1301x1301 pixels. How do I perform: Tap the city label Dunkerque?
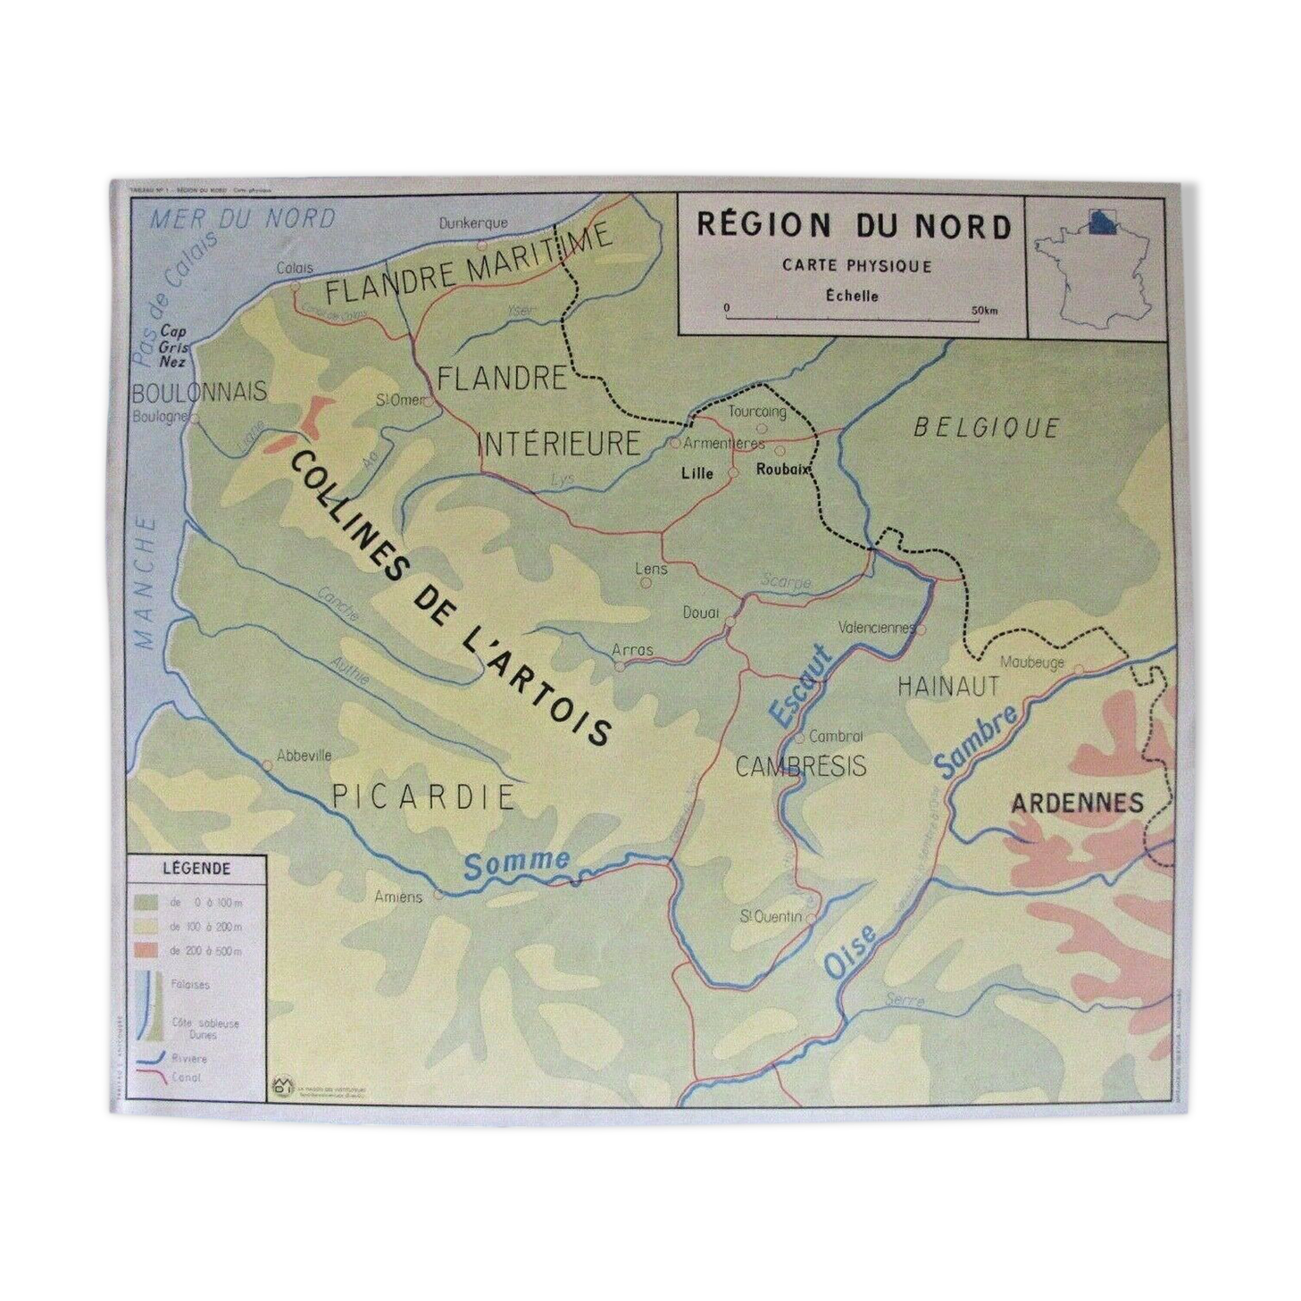[472, 223]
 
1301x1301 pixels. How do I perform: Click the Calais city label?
[295, 268]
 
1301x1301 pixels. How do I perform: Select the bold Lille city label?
[696, 473]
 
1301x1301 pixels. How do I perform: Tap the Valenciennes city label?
[877, 627]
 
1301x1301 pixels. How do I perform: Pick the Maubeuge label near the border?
[1032, 663]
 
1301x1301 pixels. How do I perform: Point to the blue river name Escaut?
[800, 684]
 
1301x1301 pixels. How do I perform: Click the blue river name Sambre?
[975, 740]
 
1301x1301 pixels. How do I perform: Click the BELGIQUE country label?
[986, 428]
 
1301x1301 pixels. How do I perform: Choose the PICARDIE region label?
[424, 796]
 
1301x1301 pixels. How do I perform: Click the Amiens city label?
[398, 897]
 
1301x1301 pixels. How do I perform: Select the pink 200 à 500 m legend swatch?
[147, 950]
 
